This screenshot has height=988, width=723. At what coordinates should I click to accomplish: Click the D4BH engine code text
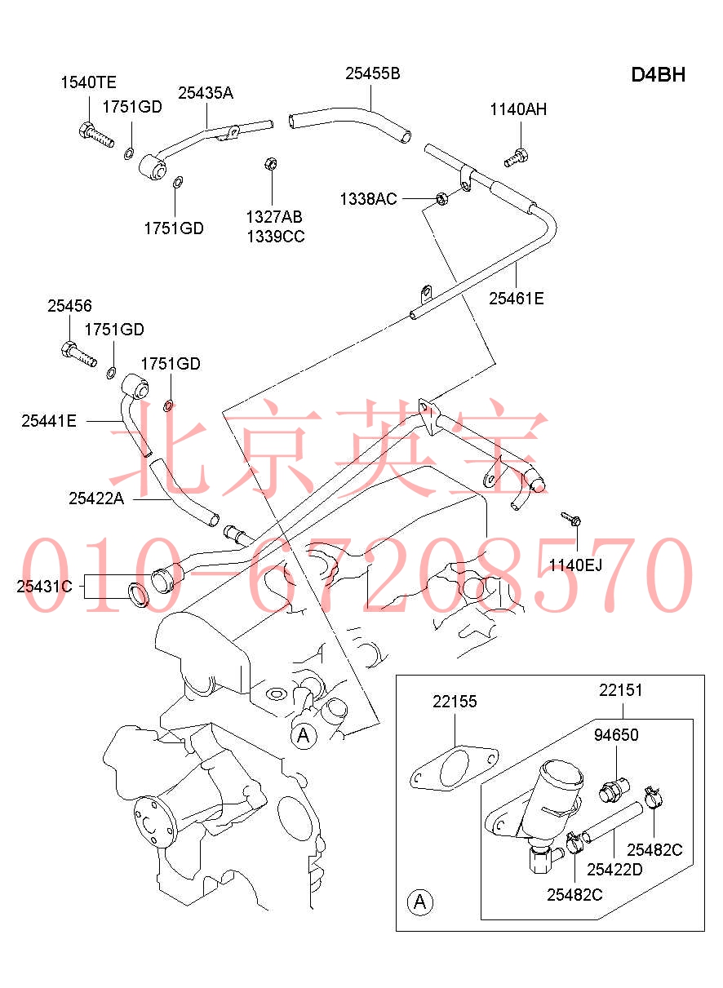[x=658, y=75]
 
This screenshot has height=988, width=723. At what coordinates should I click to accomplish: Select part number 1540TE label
[x=89, y=82]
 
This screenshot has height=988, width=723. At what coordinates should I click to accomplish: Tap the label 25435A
[x=206, y=93]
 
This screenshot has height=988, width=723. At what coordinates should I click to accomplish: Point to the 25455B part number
[x=372, y=73]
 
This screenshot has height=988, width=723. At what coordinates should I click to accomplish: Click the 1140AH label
[x=518, y=110]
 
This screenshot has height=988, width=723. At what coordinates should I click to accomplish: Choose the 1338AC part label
[x=368, y=199]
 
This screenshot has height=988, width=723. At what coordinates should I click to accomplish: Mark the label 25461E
[x=516, y=298]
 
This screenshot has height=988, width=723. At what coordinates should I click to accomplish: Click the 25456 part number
[x=69, y=306]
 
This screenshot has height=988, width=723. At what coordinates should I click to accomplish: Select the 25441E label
[x=49, y=421]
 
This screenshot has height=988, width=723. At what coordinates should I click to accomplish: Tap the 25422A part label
[x=96, y=498]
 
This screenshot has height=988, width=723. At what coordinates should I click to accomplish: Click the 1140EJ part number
[x=575, y=565]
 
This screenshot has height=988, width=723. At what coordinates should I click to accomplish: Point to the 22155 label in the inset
[x=455, y=702]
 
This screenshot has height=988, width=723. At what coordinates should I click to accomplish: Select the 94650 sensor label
[x=616, y=735]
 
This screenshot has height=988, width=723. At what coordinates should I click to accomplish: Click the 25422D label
[x=614, y=869]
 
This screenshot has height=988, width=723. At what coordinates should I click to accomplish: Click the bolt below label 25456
[x=78, y=355]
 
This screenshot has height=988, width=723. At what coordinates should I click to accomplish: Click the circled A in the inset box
[x=420, y=902]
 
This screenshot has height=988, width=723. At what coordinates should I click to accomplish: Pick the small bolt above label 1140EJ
[x=570, y=518]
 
